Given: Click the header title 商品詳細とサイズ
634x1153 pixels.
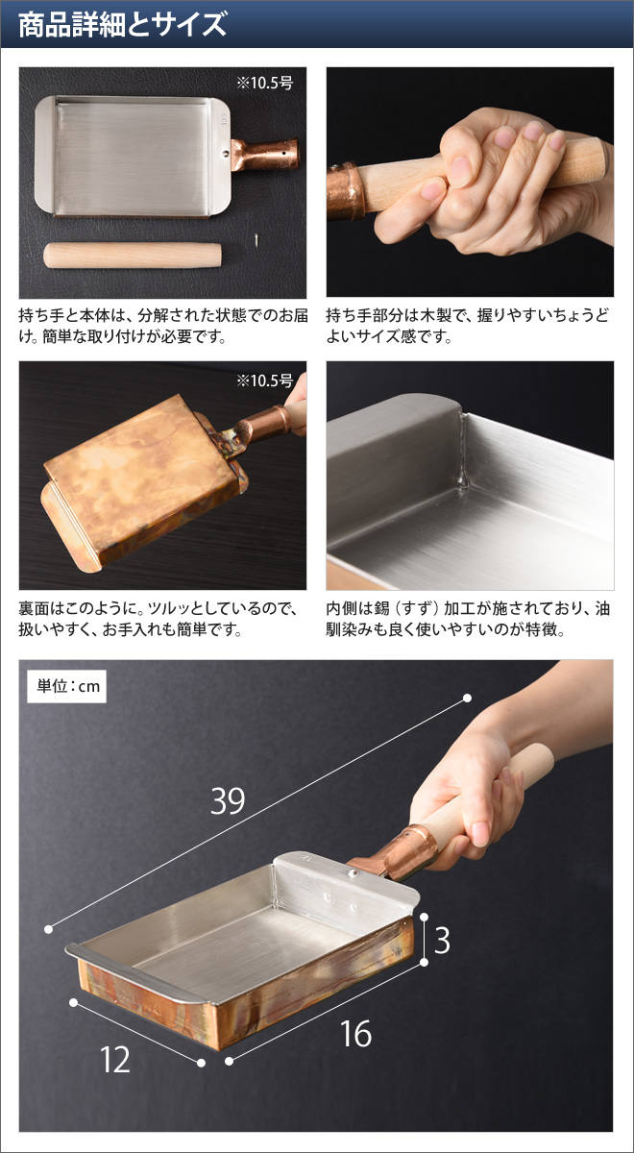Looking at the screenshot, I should (123, 23).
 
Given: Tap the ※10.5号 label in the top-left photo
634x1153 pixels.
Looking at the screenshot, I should (268, 83).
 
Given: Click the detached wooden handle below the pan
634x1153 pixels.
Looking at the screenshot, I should (134, 257).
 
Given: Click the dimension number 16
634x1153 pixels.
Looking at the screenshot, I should (355, 1035).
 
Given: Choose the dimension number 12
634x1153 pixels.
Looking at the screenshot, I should (115, 1059).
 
